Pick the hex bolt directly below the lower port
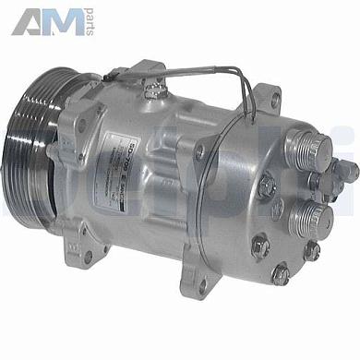pyautogui.click(x=312, y=249)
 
